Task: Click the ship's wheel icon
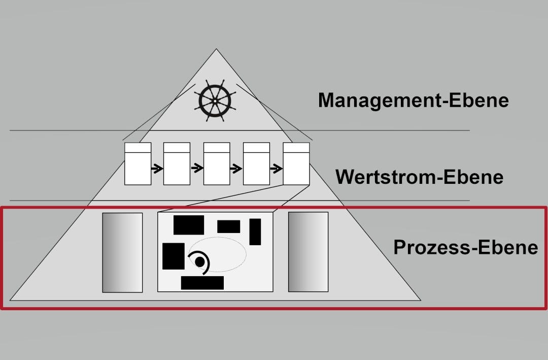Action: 215,102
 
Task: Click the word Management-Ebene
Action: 413,100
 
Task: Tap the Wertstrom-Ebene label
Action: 419,177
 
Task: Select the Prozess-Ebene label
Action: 465,247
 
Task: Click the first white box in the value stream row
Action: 138,163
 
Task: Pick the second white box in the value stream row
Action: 177,163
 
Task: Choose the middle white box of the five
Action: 217,163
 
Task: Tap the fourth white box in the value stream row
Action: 256,163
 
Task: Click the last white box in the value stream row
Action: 296,163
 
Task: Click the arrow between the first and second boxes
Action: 157,168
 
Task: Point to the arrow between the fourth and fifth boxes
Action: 276,168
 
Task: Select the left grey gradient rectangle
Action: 122,252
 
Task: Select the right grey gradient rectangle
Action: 308,252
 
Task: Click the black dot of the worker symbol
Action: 200,261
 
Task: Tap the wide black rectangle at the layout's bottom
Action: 202,283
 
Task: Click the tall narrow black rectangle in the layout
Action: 255,232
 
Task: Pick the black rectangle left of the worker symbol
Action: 173,256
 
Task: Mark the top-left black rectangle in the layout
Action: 188,225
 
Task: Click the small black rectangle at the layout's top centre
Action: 228,226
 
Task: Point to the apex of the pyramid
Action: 216,50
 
